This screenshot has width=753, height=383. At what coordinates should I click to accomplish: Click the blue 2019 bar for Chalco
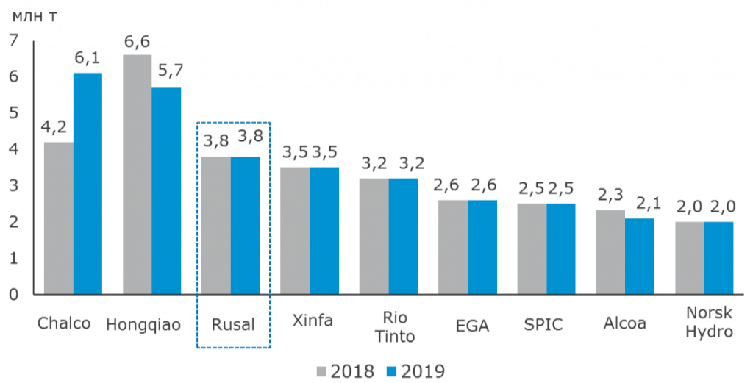click(88, 183)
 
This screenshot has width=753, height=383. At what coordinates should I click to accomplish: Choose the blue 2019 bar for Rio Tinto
click(404, 236)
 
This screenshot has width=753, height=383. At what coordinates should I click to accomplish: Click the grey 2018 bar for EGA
click(453, 246)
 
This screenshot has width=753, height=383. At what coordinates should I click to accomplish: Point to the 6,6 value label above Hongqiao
click(137, 42)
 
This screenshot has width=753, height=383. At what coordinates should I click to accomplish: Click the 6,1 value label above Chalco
click(88, 59)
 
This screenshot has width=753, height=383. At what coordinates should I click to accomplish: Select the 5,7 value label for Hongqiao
click(167, 71)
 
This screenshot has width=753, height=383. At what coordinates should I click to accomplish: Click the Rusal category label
click(233, 323)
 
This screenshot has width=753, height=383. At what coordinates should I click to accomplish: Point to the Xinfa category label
click(312, 321)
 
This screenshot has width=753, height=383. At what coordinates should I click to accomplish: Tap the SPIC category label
click(543, 324)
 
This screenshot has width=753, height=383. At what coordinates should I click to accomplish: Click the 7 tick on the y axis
click(15, 41)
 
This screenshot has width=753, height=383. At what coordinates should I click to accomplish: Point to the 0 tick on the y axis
click(15, 294)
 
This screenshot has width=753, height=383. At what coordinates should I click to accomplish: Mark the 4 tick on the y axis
click(15, 149)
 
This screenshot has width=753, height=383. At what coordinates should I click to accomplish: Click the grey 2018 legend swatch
click(321, 371)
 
